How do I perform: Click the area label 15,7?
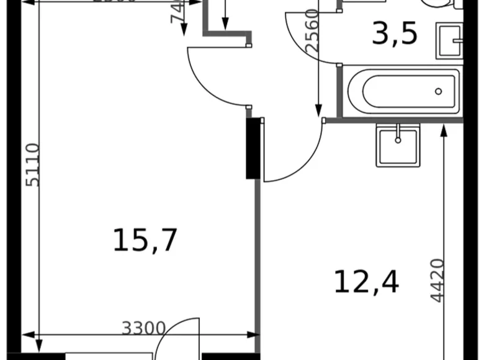(x=145, y=240)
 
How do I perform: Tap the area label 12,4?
(x=366, y=281)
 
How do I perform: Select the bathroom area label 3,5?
(x=394, y=35)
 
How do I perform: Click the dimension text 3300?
(x=143, y=327)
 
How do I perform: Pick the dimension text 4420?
(x=437, y=280)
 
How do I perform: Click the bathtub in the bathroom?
(x=403, y=91)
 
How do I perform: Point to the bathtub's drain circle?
(x=439, y=91)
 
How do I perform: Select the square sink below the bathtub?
(x=397, y=143)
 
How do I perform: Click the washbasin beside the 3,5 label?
(x=450, y=41)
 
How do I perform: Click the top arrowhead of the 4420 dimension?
(x=444, y=129)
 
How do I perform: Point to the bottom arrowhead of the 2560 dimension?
(x=319, y=112)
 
